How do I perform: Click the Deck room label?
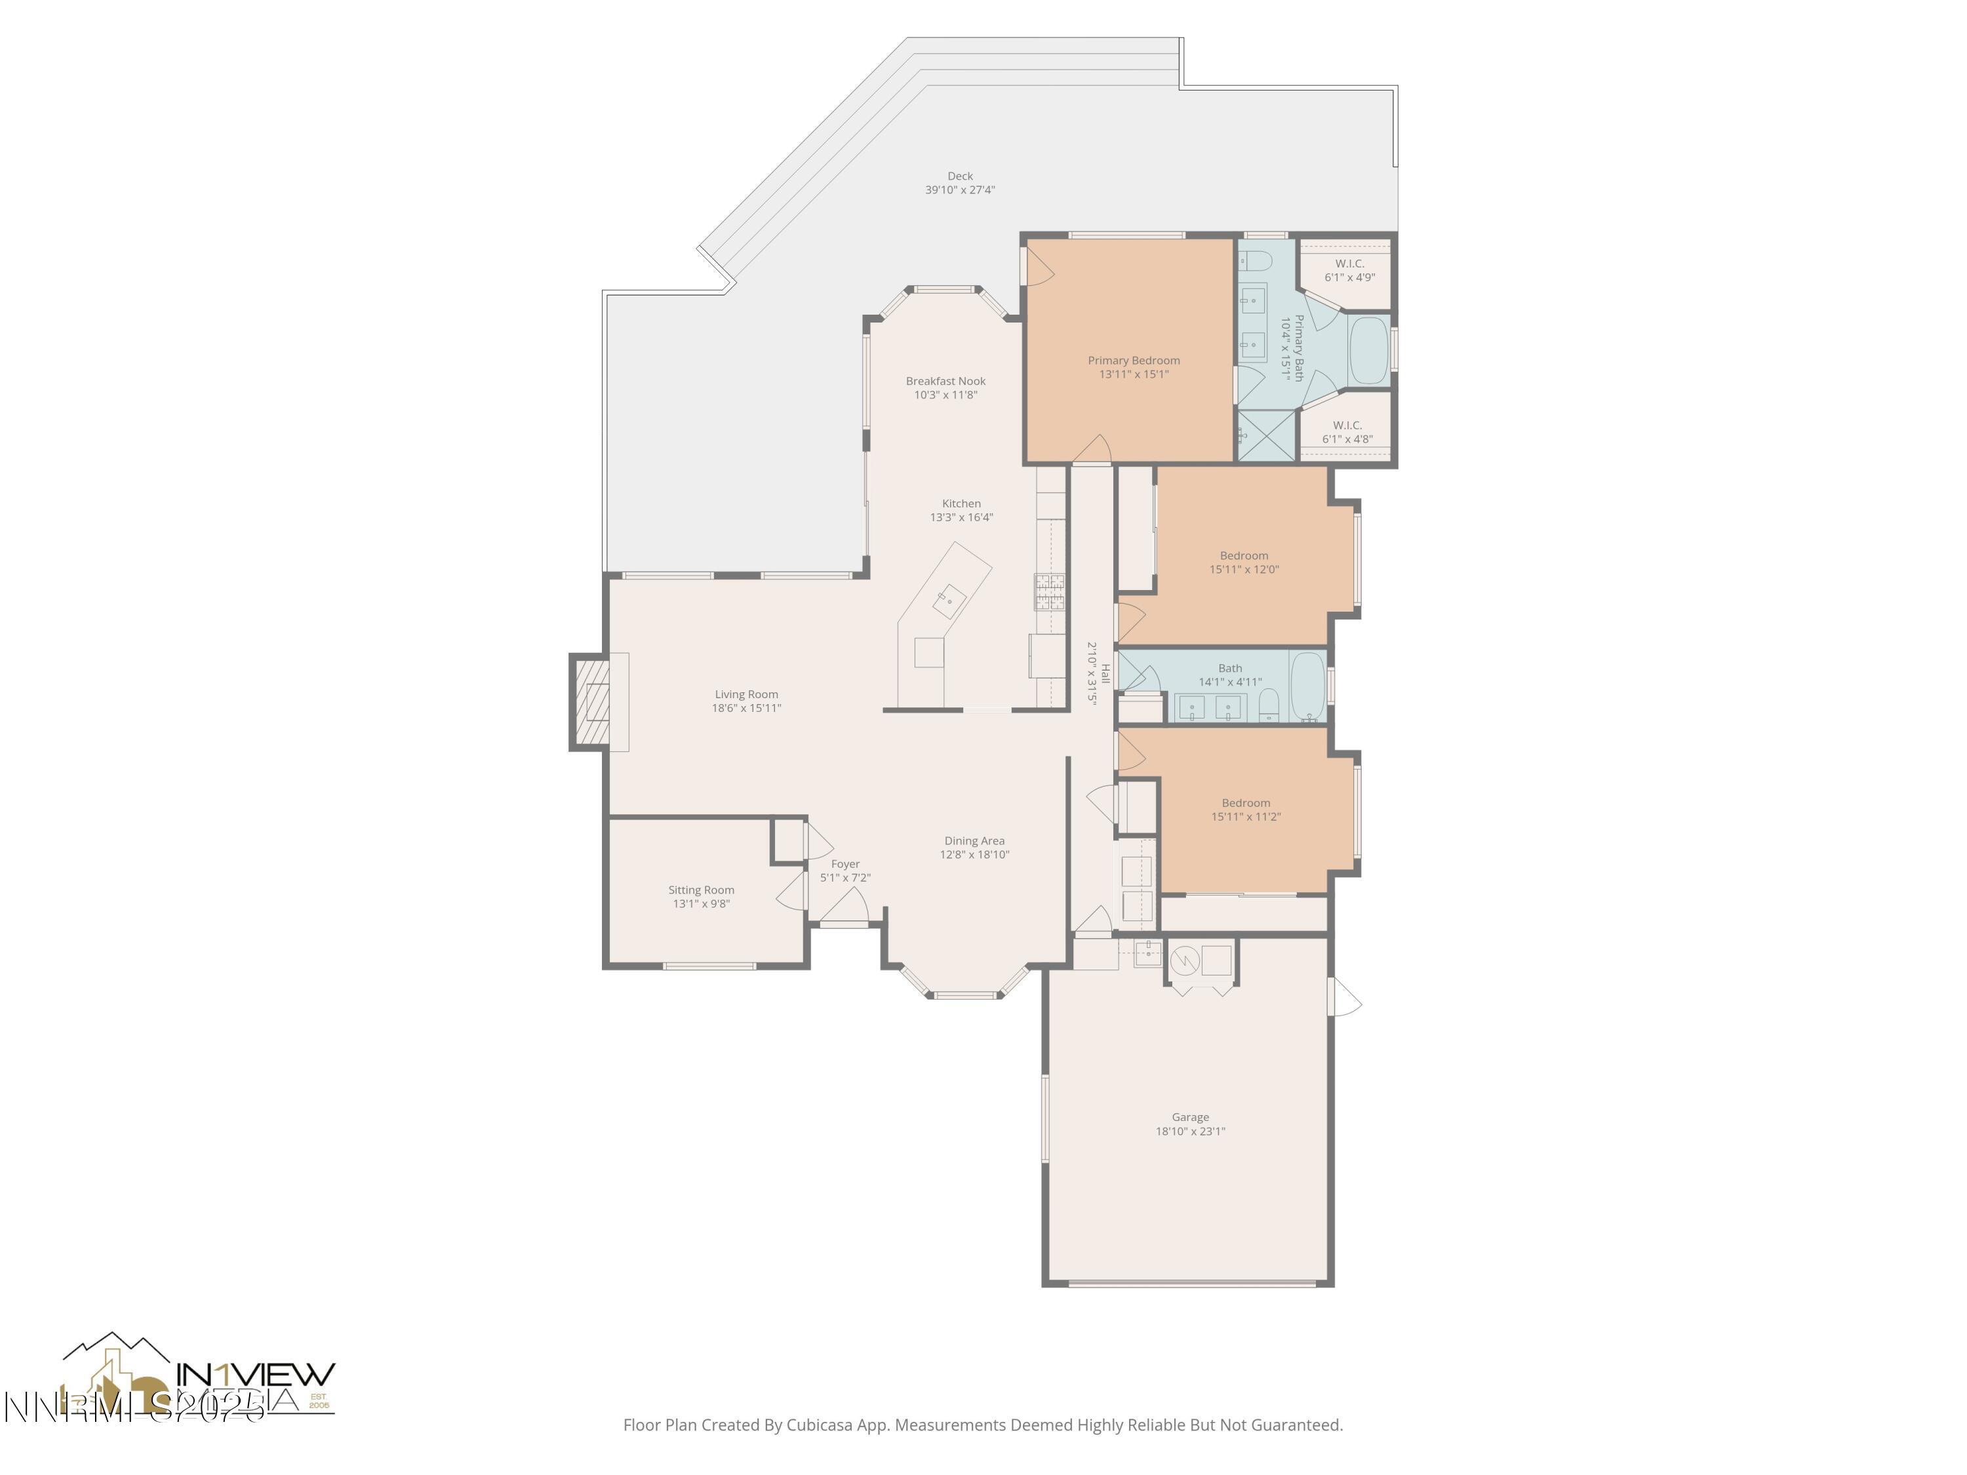pos(959,176)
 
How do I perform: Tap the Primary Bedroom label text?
pos(1134,360)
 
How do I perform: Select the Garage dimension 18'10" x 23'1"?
pos(1190,1131)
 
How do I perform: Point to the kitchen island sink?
pos(949,601)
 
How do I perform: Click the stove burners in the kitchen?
pos(1049,592)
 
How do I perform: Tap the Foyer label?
pos(844,864)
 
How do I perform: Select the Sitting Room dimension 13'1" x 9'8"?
pos(701,904)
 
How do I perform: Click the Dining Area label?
pos(974,841)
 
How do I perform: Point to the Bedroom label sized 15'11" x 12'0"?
pos(1243,556)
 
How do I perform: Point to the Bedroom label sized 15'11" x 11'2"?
pos(1245,803)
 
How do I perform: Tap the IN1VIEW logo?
pos(255,1375)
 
